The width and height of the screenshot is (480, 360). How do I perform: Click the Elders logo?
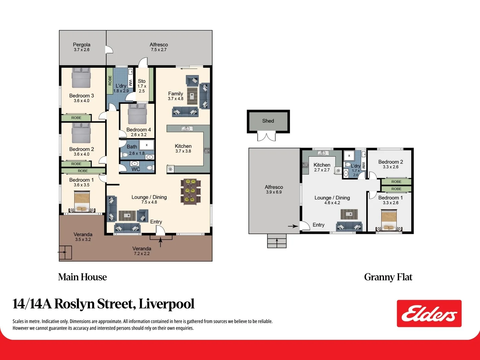pos(429,313)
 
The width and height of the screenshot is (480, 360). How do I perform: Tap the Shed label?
pos(268,121)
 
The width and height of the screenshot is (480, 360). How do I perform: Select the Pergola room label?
pos(82,45)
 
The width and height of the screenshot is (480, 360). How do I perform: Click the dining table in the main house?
pos(191,191)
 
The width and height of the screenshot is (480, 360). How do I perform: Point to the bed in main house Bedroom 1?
pos(82,201)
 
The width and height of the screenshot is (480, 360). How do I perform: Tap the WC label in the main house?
pos(136,169)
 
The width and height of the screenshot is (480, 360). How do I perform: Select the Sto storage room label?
pos(142,81)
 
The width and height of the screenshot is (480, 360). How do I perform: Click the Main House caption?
pos(82,277)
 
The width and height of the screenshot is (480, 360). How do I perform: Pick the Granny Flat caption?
pos(388,277)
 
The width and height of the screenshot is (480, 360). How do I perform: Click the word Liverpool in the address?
pos(166,304)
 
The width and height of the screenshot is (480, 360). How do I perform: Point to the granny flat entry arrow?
pos(293,226)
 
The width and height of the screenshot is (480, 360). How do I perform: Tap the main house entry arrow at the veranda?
pos(160,242)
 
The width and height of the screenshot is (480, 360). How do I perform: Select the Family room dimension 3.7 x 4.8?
pos(176,99)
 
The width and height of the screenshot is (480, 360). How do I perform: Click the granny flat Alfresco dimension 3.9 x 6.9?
pos(274,192)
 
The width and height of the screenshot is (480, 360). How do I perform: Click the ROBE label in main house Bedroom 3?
pos(76,118)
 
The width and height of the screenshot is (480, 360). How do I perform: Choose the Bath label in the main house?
pos(132,147)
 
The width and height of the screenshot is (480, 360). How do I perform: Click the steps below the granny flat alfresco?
pos(277,241)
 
